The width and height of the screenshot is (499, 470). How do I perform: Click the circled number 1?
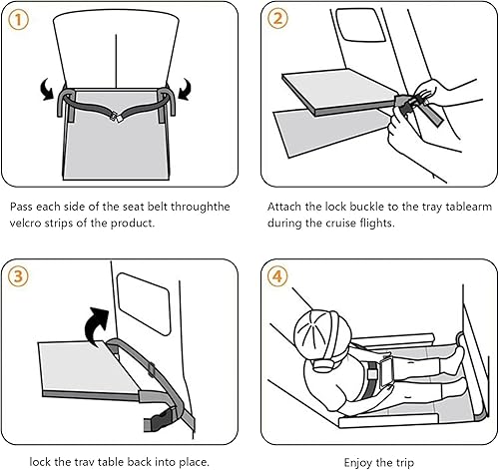point(18,20)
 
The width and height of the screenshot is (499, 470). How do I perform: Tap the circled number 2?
point(277,18)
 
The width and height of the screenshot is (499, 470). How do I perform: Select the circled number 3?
point(18,276)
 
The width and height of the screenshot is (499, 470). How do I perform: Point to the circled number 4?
point(277,276)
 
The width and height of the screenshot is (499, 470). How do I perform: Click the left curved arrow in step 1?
point(46,89)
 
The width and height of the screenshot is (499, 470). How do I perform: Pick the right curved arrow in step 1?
point(185,89)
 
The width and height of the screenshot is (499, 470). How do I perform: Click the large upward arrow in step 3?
point(97,325)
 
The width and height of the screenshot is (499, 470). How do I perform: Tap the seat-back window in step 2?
point(361,25)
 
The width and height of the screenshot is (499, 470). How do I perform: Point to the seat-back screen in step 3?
point(144,303)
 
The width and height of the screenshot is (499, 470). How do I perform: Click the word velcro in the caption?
point(25,223)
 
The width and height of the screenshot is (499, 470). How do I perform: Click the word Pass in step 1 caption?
point(21,207)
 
